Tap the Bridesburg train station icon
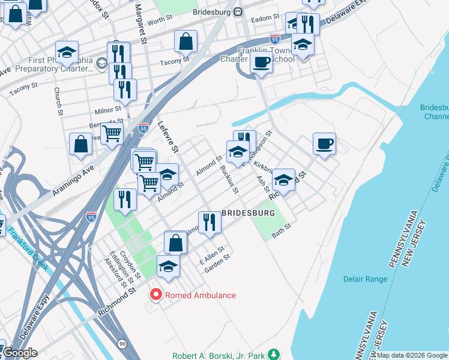point(238,11)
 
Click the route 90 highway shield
point(122,343)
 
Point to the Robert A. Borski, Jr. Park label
point(219,355)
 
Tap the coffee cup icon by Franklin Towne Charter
point(261,62)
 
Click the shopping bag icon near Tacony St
point(186,41)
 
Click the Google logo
point(20,353)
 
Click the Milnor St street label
point(108,110)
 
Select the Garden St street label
point(217,260)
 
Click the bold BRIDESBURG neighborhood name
point(249,213)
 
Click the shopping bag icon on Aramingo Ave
point(81,144)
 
